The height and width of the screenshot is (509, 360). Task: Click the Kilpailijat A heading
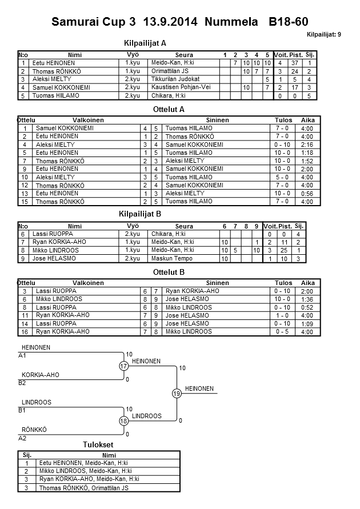coord(145,42)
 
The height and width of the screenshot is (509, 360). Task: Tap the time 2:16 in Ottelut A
coord(307,145)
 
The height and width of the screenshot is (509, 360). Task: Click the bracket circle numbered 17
coord(123,366)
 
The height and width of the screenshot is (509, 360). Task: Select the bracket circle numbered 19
coord(177,394)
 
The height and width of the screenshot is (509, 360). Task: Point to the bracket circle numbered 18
coord(123,421)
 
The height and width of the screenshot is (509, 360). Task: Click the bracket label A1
coord(23,355)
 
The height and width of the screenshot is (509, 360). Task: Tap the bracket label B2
coord(23,383)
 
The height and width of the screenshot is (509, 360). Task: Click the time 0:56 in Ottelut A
coord(307,194)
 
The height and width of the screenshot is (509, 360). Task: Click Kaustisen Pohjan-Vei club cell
coord(177,87)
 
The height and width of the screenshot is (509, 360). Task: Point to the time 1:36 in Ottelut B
coord(307,299)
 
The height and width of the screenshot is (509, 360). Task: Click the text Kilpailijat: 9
coord(324,35)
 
